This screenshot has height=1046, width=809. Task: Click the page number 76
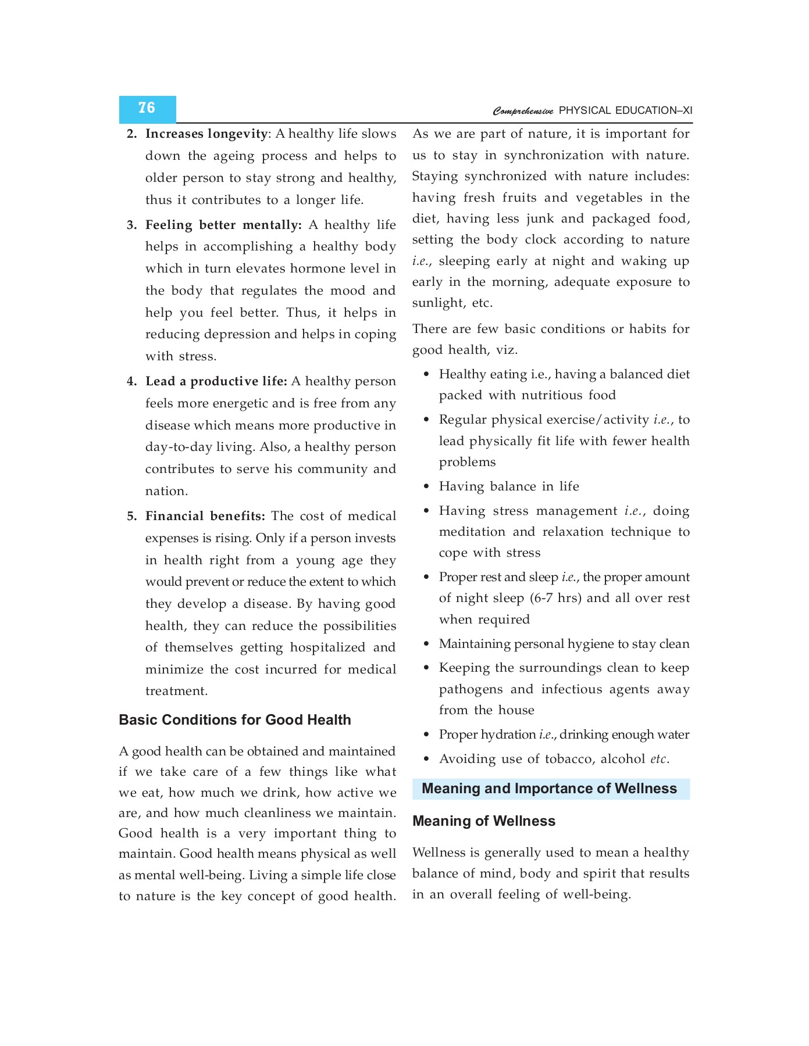[147, 108]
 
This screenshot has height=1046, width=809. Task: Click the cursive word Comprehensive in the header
[523, 111]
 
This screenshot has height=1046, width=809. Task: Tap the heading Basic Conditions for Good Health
[234, 720]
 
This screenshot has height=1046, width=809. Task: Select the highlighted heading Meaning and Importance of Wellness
[549, 789]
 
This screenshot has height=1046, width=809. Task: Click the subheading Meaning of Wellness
[483, 821]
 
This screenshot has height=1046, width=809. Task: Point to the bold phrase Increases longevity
[206, 134]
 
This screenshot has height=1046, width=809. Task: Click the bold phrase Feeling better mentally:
[223, 225]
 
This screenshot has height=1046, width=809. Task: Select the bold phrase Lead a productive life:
[216, 381]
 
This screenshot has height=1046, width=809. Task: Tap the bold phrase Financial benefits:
[205, 516]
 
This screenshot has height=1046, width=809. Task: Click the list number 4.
[131, 381]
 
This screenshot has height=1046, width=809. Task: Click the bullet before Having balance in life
[426, 486]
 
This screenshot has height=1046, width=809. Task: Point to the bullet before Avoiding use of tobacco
[426, 759]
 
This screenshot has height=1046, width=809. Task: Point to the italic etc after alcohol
[658, 759]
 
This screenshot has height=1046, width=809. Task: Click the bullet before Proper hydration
[426, 735]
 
